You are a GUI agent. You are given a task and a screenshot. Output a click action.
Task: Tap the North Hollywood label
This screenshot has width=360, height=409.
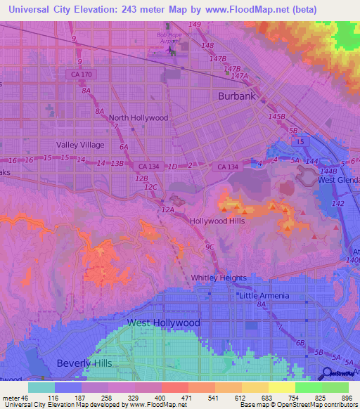[x=139, y=118]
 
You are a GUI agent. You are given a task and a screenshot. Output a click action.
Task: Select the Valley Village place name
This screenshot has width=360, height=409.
[x=80, y=145]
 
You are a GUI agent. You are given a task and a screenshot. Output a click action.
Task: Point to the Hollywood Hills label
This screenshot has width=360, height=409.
[x=217, y=221]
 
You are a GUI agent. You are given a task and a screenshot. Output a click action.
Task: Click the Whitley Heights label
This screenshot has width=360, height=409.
[x=219, y=278]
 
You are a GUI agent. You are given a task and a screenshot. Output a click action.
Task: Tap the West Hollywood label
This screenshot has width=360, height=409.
[x=163, y=323]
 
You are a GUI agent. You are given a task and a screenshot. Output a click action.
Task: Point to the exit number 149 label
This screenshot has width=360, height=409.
[x=195, y=25]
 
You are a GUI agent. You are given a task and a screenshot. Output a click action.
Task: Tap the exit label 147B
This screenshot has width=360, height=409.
[x=219, y=59]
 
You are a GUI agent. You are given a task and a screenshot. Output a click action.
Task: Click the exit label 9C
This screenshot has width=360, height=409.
[x=210, y=247]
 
